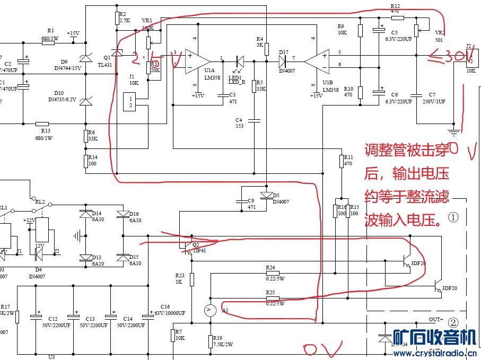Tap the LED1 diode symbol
tap(239, 61)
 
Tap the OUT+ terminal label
tap(436, 319)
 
